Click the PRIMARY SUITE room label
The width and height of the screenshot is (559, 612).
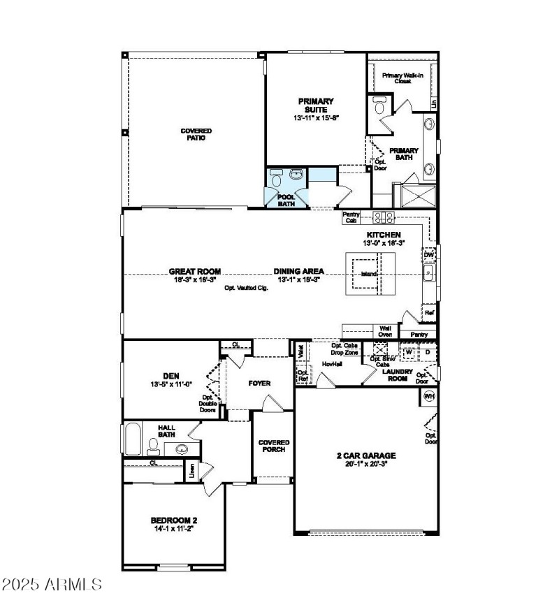coord(316,105)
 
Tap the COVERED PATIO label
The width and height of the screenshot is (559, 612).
coord(196,134)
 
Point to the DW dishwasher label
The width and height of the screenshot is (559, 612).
coord(429,255)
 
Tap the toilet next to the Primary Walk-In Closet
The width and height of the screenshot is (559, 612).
coord(379,107)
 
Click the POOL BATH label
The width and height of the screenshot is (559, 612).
coord(286,201)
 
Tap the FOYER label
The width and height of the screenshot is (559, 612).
coord(259,384)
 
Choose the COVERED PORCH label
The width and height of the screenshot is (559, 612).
coord(273,446)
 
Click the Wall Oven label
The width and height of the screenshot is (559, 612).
coord(384,330)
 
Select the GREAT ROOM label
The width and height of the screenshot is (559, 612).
coord(194,271)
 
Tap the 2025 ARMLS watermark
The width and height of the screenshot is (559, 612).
coord(52,583)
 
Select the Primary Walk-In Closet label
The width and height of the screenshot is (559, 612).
coord(402,77)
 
